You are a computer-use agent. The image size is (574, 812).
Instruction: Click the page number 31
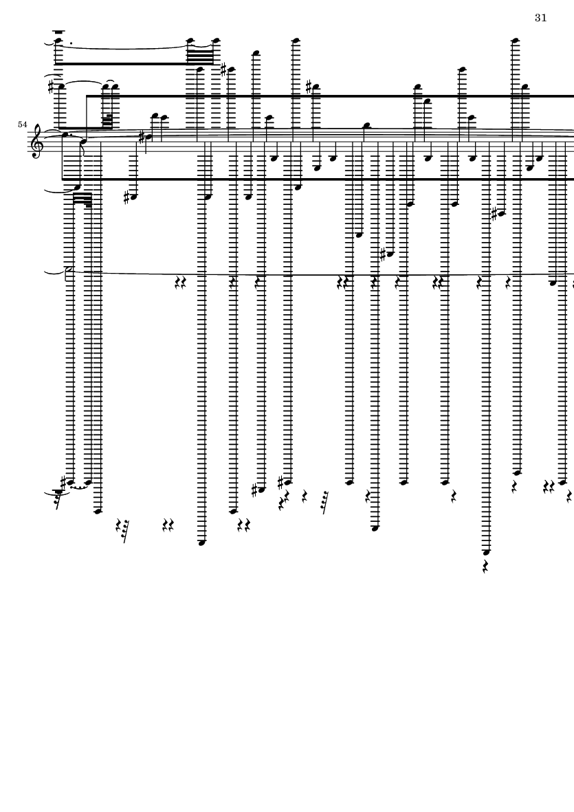click(541, 18)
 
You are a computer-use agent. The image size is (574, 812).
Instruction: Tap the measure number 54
click(22, 124)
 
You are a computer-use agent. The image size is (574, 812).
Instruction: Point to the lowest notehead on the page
click(485, 552)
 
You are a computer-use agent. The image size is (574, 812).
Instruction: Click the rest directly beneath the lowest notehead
click(485, 567)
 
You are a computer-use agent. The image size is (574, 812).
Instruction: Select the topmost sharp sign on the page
click(223, 69)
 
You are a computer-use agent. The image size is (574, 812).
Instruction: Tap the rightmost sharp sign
click(495, 213)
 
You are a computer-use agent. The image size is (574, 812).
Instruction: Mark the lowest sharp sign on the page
click(254, 490)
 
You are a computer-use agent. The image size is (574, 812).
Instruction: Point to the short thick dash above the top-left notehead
click(58, 32)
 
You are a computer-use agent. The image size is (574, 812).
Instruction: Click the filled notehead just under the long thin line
click(553, 283)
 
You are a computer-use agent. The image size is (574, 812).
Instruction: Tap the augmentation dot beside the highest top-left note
click(71, 43)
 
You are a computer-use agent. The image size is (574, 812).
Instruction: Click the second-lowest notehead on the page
click(201, 542)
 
